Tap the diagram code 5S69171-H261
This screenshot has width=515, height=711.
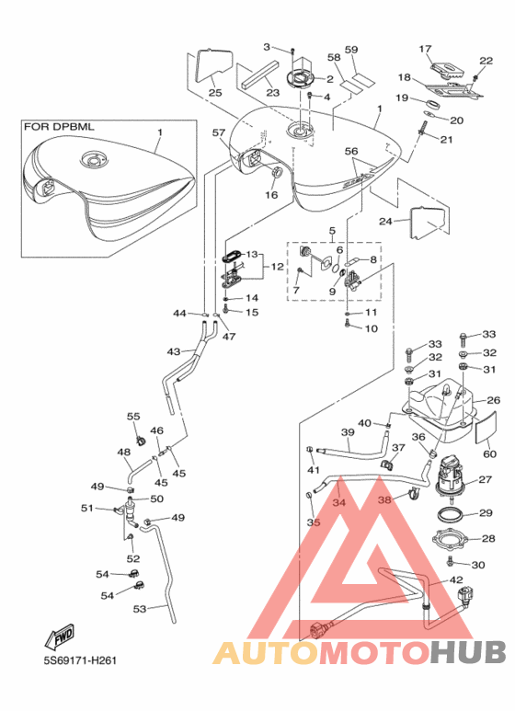(x=80, y=660)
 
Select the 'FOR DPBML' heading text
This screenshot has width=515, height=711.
(x=59, y=127)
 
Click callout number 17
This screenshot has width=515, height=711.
(x=425, y=49)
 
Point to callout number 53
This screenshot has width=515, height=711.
(x=139, y=609)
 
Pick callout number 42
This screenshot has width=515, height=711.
(x=456, y=580)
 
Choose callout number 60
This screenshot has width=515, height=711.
(x=490, y=453)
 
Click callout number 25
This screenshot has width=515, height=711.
(x=215, y=93)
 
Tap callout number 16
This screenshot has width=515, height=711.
(x=271, y=195)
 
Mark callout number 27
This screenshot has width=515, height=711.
(x=485, y=479)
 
